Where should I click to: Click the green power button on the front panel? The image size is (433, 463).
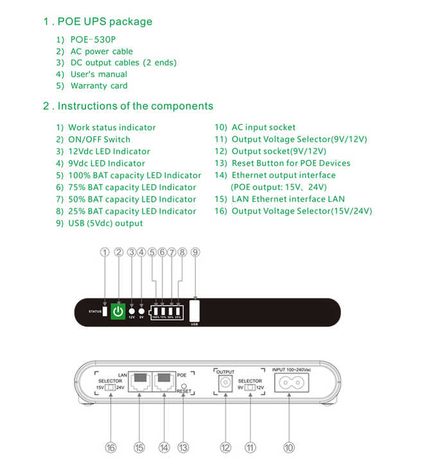(x=117, y=312)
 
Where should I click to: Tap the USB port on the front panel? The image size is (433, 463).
(x=194, y=310)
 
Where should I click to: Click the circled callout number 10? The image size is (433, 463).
(x=289, y=447)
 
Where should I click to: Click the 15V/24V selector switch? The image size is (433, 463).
(x=110, y=388)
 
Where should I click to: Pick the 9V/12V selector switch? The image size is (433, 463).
(x=250, y=388)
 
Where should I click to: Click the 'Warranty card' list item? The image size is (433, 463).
(x=99, y=86)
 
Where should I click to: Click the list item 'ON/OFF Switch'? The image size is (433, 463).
(x=99, y=140)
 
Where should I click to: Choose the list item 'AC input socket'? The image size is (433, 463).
(x=263, y=127)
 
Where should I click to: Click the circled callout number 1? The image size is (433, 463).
(x=105, y=253)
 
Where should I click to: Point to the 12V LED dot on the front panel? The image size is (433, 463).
(x=132, y=311)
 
